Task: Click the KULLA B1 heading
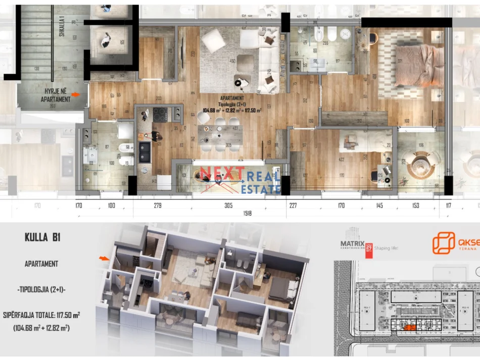pos(42,237)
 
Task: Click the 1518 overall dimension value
pos(247,214)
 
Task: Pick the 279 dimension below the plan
pos(157,205)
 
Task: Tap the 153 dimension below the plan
pos(415,205)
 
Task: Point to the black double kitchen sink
pos(145,151)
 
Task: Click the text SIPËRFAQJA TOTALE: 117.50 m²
pos(42,315)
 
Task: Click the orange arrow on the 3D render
pos(104,259)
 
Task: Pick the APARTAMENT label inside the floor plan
pos(232,98)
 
